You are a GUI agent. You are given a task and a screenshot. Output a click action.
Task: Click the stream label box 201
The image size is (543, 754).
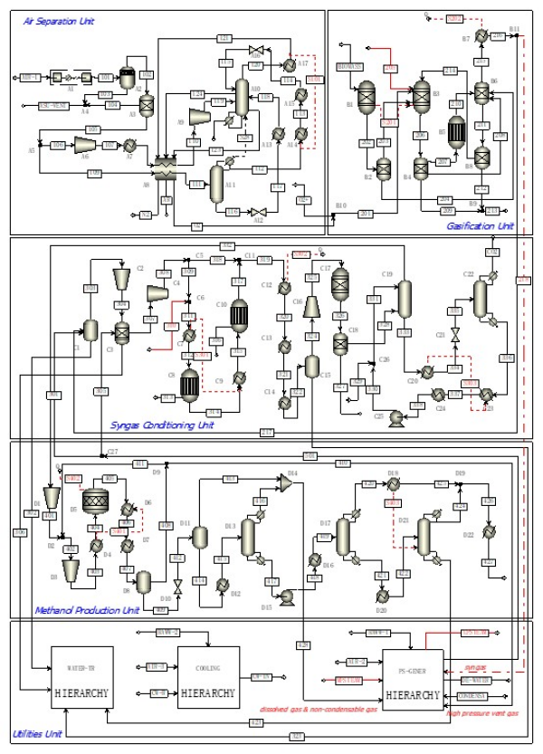click(367, 214)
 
